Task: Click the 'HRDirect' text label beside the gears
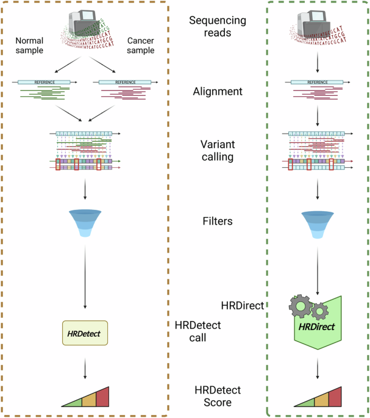242,304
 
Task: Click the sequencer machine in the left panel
85,20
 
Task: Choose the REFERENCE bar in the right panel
316,81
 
